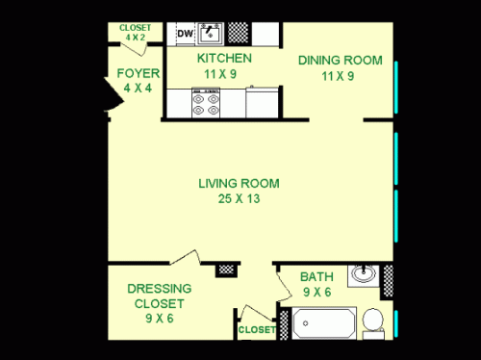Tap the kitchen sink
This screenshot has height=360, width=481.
(211, 34)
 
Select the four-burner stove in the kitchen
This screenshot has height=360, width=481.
(205, 102)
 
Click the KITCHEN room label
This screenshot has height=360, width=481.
(225, 58)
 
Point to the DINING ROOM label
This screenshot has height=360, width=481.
(334, 60)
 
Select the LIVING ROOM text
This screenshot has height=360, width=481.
(239, 183)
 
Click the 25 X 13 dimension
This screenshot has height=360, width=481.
(239, 199)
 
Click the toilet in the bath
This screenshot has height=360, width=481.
(371, 320)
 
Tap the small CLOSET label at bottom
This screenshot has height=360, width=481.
(257, 330)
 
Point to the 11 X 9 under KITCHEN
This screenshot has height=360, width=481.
(225, 72)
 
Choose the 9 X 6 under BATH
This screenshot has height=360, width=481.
(316, 292)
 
